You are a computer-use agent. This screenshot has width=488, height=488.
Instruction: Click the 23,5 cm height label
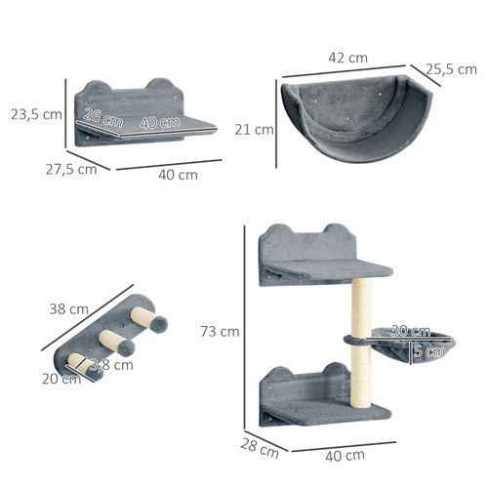tap(37, 113)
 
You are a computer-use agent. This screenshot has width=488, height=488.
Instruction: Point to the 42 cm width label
tap(349, 58)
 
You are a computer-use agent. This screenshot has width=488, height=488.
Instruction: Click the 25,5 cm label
tap(451, 69)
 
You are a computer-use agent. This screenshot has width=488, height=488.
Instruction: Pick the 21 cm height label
tap(255, 129)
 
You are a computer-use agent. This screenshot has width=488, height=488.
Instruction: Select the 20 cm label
tap(61, 379)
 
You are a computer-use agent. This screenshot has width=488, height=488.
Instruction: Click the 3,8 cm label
tap(111, 366)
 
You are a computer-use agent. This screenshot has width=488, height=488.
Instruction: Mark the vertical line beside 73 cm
tap(244, 332)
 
